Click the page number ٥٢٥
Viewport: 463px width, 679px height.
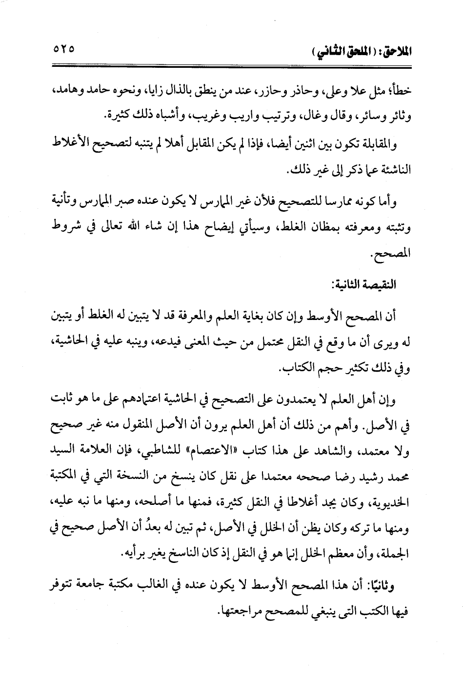61,49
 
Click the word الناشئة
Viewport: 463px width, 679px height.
393,171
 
